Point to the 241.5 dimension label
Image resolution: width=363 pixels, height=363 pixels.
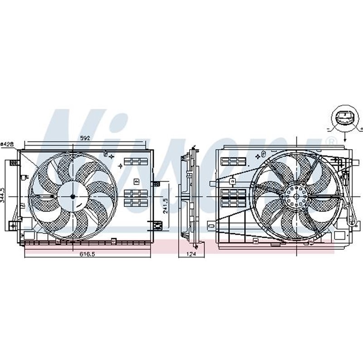click(167, 205)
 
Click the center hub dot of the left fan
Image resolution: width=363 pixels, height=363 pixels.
click(73, 196)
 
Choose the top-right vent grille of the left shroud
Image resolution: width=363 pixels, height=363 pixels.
click(136, 162)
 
